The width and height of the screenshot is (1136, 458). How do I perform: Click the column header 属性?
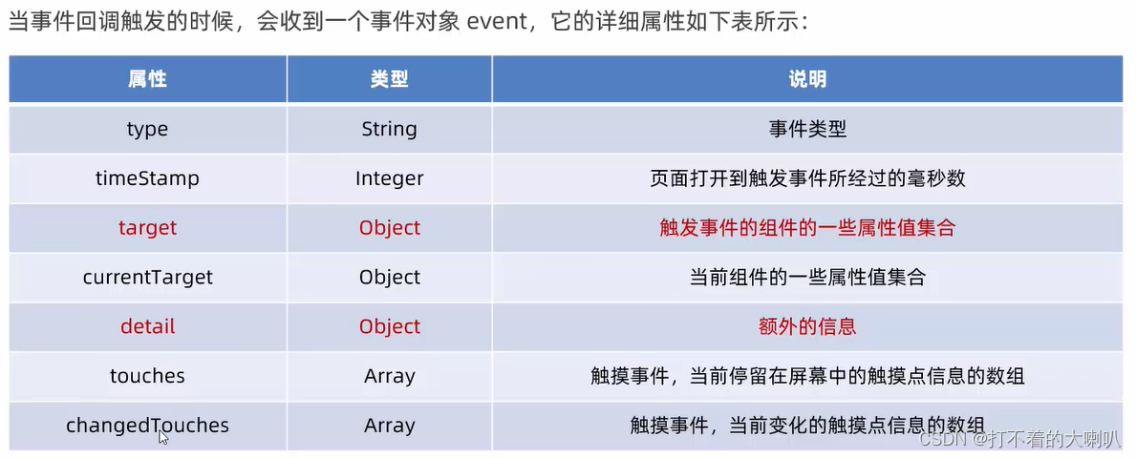tap(148, 79)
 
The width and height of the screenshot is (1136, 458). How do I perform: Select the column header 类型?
tap(389, 79)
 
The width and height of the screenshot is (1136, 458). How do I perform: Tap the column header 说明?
tap(807, 79)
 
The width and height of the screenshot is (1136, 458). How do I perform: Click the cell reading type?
tap(147, 130)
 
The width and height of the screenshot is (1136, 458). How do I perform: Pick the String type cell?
tap(389, 130)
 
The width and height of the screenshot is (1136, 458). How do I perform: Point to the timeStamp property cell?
tap(147, 178)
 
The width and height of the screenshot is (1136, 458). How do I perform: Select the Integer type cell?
tap(389, 178)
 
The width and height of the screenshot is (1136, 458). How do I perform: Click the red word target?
tap(148, 228)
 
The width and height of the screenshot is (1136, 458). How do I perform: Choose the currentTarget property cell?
tap(148, 277)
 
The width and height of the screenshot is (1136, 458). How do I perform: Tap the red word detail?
tap(148, 326)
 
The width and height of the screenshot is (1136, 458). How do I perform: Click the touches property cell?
tap(148, 376)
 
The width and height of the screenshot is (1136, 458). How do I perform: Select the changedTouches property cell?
tap(148, 426)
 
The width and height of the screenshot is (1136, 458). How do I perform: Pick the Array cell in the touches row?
tap(390, 376)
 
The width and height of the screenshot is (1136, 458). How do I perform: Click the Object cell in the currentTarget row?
tap(390, 277)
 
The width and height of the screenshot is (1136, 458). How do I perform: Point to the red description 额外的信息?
tap(807, 326)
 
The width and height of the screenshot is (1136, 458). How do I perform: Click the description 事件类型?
tap(807, 130)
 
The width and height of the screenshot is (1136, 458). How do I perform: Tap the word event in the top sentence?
tap(493, 22)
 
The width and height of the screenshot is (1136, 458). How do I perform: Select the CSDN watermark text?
tap(1018, 439)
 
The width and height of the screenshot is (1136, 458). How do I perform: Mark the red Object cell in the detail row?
tap(390, 326)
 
